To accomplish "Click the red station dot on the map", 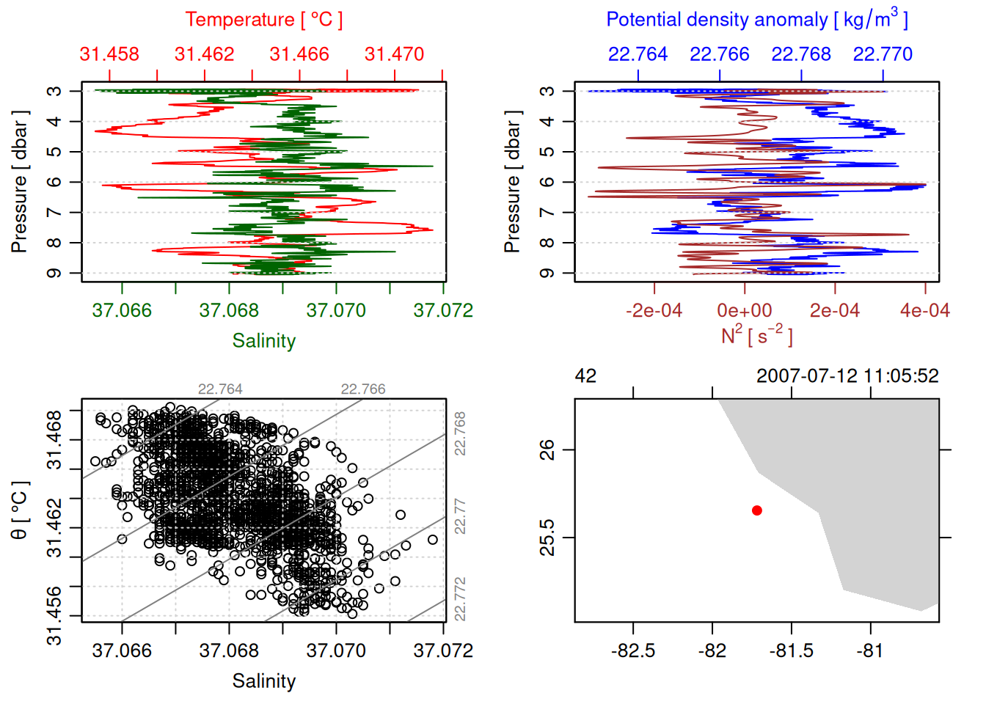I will click(x=757, y=510).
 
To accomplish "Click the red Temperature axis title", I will click(x=263, y=20).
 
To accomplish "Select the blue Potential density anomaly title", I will click(x=756, y=20).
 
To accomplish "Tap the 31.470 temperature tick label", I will click(x=394, y=54).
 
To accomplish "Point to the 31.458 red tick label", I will click(x=109, y=54).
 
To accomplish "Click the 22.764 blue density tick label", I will click(x=638, y=54).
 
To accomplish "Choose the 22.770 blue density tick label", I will click(x=883, y=54).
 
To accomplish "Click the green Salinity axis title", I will click(x=263, y=341).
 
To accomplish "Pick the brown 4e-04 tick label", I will click(x=924, y=311).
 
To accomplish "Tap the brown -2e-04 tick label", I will click(x=654, y=311).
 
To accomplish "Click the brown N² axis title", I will click(x=756, y=335).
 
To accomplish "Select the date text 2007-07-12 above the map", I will click(x=806, y=376).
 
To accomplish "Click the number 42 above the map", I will click(x=585, y=376).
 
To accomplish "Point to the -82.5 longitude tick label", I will click(x=632, y=650).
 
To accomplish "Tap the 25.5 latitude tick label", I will click(x=547, y=538).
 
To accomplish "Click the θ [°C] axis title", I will click(x=20, y=510).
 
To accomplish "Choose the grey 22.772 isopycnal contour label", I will click(x=460, y=598).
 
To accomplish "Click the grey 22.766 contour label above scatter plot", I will click(x=362, y=389).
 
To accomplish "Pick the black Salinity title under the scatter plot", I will click(x=263, y=681).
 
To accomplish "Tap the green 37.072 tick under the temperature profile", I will click(x=443, y=311).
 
